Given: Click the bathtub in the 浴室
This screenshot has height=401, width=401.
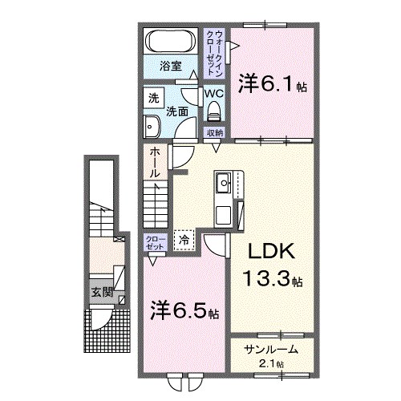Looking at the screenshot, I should (170, 40).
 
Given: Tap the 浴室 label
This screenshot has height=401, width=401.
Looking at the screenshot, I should (170, 66).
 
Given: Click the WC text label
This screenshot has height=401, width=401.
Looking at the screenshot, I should (213, 93).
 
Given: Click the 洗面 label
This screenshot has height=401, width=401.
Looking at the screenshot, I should (178, 111).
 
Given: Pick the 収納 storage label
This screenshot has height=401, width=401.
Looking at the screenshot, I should (214, 133).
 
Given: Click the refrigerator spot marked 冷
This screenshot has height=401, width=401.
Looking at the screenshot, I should (184, 238).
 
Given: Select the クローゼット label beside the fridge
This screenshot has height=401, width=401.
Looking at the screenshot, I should (156, 243).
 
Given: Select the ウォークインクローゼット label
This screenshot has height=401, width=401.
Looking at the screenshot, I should (215, 50).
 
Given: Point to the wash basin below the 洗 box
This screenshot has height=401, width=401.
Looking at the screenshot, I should (152, 124).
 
